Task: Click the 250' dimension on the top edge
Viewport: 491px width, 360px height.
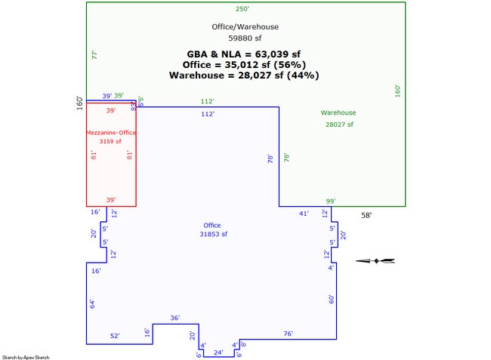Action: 242,9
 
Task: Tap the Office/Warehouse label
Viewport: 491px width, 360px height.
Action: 245,27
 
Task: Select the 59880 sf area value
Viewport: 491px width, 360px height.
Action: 245,37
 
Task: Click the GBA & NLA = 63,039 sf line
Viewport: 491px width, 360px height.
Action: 244,54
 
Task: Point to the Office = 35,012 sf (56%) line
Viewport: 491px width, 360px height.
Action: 244,65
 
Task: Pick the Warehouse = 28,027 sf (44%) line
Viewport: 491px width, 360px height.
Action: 244,75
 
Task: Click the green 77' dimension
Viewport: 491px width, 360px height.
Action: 94,55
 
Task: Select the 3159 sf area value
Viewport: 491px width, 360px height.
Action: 111,141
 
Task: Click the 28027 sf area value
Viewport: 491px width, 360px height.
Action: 338,125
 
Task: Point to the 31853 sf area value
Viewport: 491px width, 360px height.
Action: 212,235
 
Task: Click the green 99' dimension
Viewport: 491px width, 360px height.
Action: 330,201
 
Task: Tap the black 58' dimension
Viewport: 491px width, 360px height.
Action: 366,215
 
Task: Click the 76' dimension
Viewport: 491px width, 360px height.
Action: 288,334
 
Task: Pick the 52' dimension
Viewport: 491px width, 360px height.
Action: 115,336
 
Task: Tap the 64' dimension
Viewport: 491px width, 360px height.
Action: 92,303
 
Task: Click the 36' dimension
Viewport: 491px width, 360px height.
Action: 174,318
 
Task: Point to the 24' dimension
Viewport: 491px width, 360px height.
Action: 218,352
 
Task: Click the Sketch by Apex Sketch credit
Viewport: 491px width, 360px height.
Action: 26,357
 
